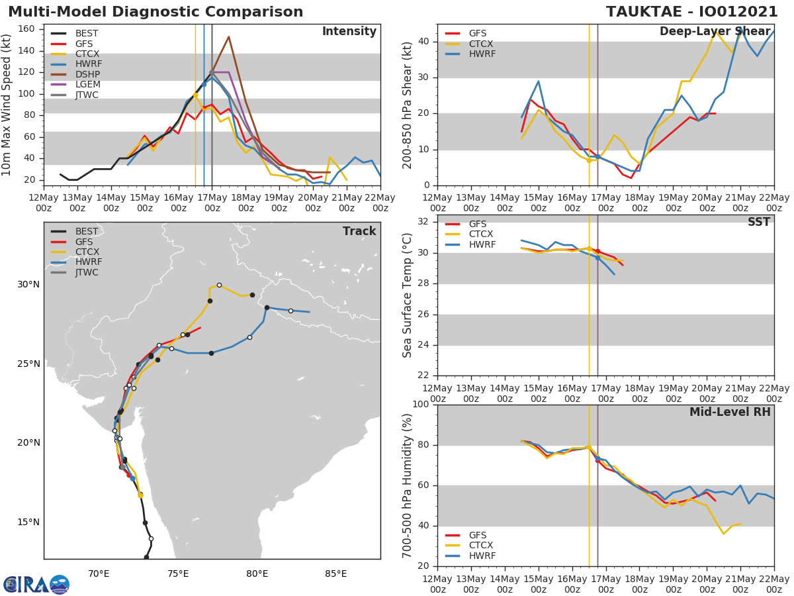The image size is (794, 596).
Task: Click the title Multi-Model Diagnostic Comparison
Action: [x=155, y=12]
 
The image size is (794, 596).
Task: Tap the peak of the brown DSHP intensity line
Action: [x=228, y=37]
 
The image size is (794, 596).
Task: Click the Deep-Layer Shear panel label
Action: [x=715, y=32]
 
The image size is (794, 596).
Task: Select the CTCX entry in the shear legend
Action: [x=478, y=44]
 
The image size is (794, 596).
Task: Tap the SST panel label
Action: [x=758, y=223]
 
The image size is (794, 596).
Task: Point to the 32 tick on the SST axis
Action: [x=424, y=222]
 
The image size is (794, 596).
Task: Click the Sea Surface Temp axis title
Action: [x=408, y=295]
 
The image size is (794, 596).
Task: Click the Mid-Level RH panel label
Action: [x=730, y=412]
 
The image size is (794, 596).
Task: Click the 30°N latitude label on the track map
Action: [x=28, y=285]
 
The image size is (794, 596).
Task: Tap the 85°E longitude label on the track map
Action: [x=336, y=573]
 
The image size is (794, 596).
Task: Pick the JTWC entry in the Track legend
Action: [x=87, y=272]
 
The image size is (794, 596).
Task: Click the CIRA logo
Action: [x=36, y=584]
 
